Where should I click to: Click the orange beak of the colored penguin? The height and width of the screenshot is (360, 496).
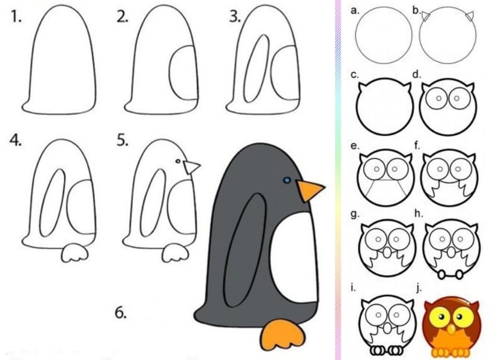(309, 190)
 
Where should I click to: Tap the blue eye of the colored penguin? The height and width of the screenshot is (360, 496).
(287, 180)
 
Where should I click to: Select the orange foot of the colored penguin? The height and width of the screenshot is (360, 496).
(282, 335)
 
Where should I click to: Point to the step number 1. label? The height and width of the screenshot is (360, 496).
(16, 17)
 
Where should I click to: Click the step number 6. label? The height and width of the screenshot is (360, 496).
(121, 313)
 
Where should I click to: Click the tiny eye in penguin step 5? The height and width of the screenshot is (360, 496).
(178, 161)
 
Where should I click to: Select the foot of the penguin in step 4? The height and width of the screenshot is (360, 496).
(75, 252)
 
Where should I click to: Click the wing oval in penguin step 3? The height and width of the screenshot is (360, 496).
(256, 68)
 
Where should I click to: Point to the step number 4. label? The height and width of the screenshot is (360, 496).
(16, 140)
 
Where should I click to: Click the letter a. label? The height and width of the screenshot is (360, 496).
(355, 10)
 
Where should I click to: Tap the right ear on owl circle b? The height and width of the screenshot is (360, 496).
(470, 17)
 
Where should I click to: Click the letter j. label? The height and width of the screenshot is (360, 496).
(419, 288)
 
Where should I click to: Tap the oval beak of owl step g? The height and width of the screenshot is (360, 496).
(386, 253)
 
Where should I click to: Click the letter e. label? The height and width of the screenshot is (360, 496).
(355, 146)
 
